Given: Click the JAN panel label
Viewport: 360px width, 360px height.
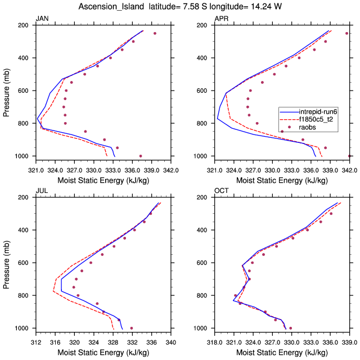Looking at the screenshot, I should [42, 19].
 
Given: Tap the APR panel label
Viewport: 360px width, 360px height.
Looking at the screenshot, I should [221, 19].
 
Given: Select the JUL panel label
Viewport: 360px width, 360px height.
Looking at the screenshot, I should [41, 191].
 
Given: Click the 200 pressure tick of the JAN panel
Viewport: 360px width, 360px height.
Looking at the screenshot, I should [24, 25].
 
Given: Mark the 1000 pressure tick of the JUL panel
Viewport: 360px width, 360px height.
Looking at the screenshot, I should [22, 328].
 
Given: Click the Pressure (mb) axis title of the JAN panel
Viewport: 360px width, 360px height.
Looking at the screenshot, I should [6, 90].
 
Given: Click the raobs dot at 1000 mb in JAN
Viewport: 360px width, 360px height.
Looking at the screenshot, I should [141, 156].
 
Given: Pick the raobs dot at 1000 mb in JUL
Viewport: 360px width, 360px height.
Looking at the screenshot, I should [132, 328].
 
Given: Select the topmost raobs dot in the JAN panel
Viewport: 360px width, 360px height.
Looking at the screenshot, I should [155, 33].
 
